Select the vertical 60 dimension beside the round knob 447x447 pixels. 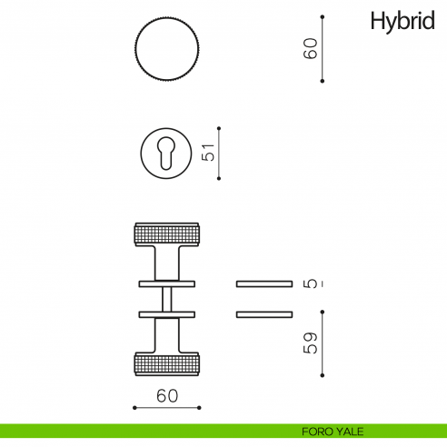click(x=311, y=49)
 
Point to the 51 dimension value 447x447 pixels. click(x=208, y=152)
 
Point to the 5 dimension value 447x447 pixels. click(x=312, y=283)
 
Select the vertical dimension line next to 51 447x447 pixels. click(x=220, y=152)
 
